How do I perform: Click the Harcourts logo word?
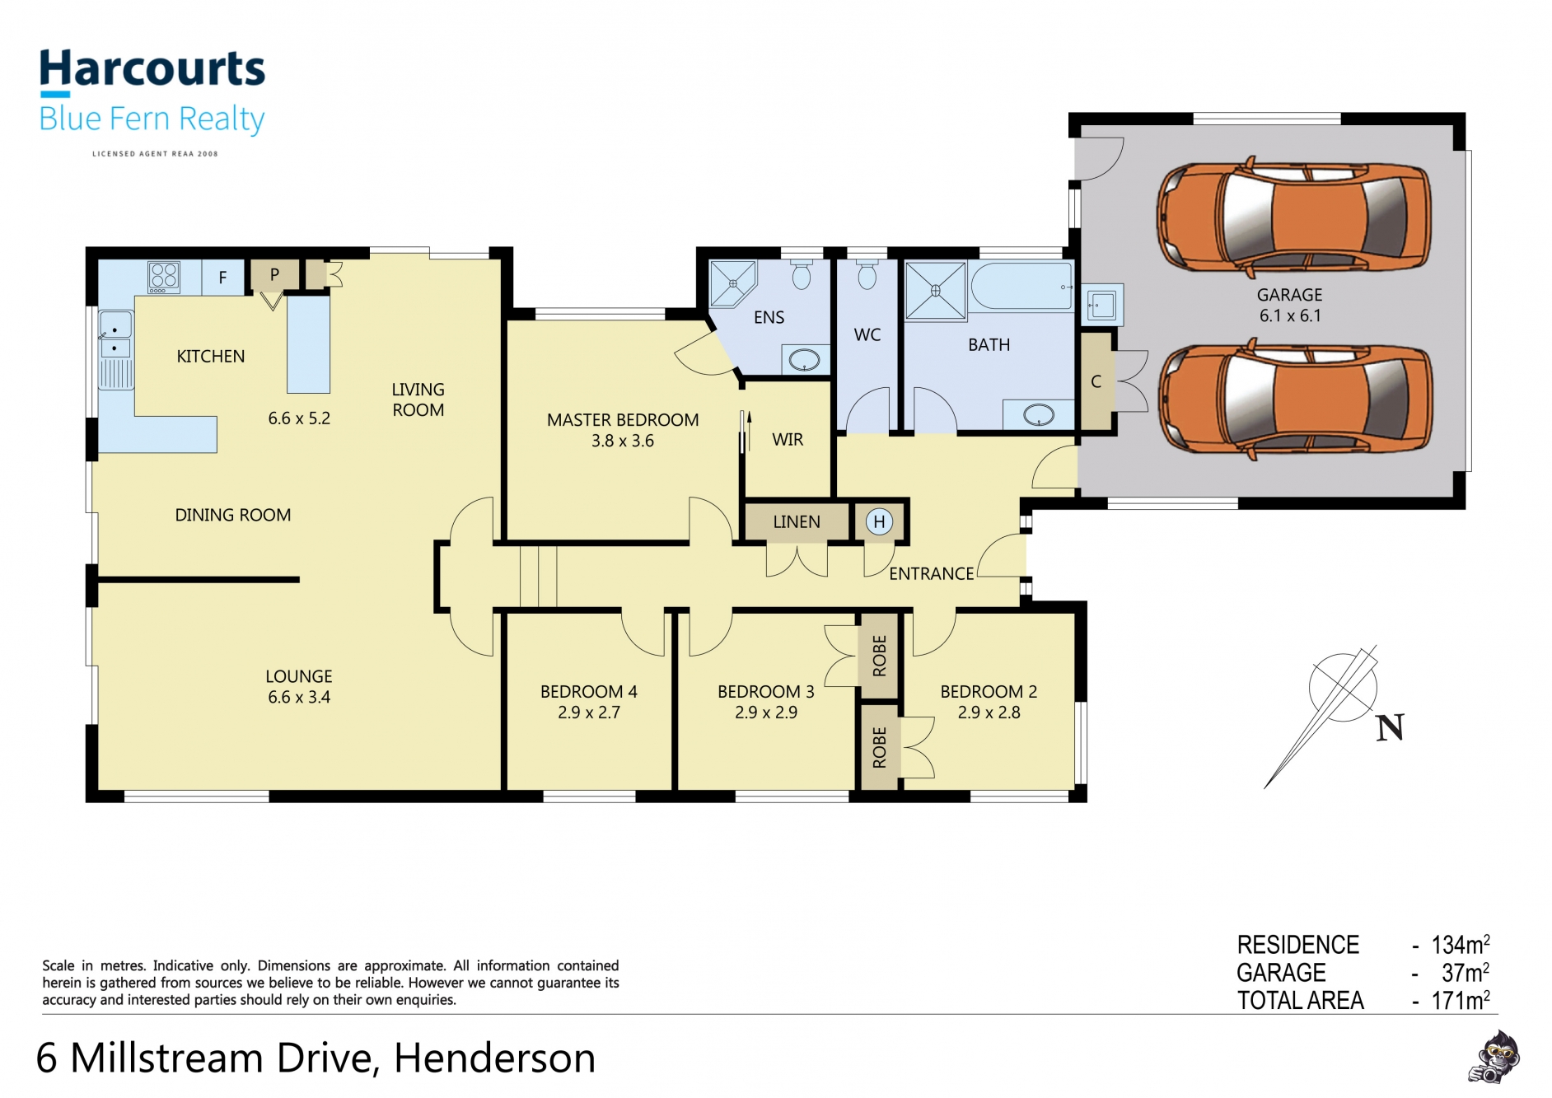coord(152,68)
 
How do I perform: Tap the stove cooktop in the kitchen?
coord(164,277)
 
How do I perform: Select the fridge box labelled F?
coord(222,278)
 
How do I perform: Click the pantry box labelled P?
coord(274,275)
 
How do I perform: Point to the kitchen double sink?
coord(115,336)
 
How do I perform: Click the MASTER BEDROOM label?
coord(623,420)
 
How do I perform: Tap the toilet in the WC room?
coord(867,276)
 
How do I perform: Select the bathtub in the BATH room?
coord(1021,286)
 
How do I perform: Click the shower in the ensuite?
coord(732,283)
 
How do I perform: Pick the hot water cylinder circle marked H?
coord(879,521)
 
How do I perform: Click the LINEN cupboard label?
coord(797,522)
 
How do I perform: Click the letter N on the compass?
coord(1390,727)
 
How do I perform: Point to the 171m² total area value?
coord(1461,1000)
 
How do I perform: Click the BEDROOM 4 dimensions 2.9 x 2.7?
coord(589,713)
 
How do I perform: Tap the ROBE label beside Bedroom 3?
coord(880,656)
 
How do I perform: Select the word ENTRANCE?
coord(931,573)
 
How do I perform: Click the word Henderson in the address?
coord(494,1058)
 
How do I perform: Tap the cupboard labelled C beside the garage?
coord(1096,381)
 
